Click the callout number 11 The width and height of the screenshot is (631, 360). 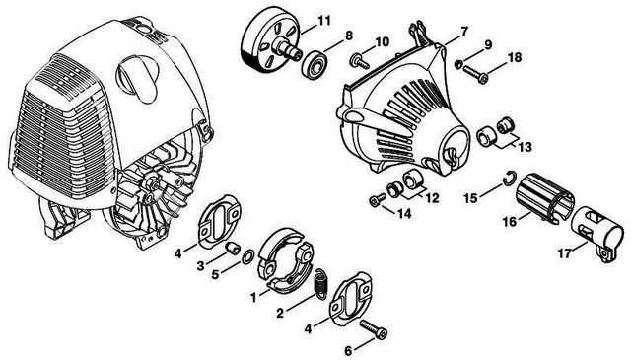click(x=323, y=20)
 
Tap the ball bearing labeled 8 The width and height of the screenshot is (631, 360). click(x=315, y=64)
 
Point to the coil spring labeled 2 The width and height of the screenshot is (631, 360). click(x=320, y=283)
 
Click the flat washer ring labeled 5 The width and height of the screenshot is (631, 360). click(x=247, y=256)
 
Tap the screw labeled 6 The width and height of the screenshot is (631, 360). click(x=374, y=329)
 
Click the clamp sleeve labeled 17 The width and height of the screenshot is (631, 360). click(x=596, y=234)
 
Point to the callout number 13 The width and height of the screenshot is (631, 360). click(x=525, y=147)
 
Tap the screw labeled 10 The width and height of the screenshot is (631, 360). click(x=360, y=61)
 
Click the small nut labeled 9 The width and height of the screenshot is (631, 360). click(x=457, y=64)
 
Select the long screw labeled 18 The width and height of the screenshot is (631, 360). click(x=475, y=74)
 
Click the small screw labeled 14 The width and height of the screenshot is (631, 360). click(x=377, y=200)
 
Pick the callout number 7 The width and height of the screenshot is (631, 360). click(x=464, y=31)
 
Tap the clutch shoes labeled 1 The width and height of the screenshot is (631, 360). click(x=286, y=259)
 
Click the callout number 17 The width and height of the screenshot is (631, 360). click(x=565, y=253)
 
